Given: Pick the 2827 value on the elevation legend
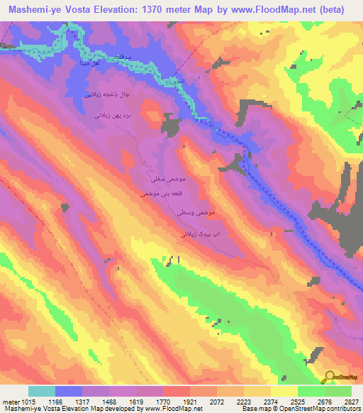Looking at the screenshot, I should pos(351,401).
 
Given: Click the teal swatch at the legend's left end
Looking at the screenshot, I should pos(42,391).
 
